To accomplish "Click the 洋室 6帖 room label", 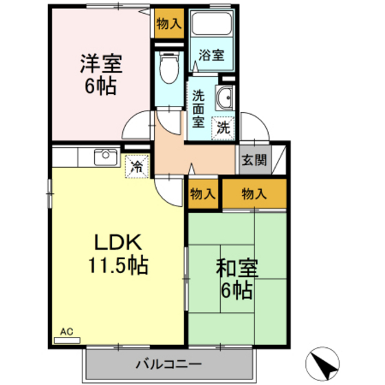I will [100, 75].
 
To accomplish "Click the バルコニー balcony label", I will [168, 362].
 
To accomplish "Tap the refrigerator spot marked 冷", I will [137, 166].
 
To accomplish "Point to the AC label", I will [66, 331].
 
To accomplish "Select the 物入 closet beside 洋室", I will [168, 23].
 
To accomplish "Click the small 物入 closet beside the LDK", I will [202, 194].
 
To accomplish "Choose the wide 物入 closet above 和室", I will [253, 194].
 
